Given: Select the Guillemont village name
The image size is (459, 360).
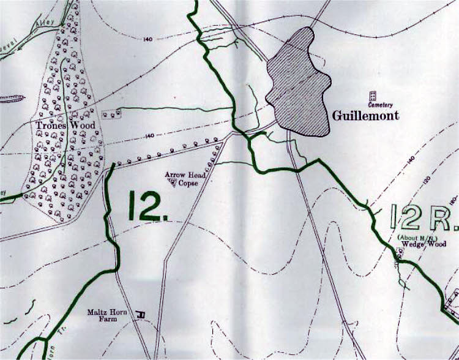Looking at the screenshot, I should coord(365,115).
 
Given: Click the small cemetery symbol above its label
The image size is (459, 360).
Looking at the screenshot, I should coord(371,96).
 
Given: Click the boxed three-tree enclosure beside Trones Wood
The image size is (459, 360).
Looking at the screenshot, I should coord(110,114).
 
